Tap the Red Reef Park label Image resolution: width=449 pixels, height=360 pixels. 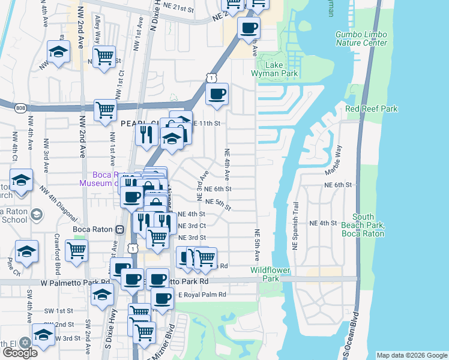(x=372, y=109)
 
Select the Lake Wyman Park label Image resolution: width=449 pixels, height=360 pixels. (x=278, y=69)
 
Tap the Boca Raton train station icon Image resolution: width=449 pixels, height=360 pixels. (x=119, y=229)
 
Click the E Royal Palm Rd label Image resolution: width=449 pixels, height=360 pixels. (x=202, y=295)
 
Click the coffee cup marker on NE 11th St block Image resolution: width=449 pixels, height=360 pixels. (x=217, y=94)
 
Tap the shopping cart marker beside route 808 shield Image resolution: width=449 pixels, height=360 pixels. (x=105, y=111)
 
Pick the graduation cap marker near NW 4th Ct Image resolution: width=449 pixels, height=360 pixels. (x=21, y=179)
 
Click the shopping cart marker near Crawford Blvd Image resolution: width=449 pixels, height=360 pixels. (x=76, y=251)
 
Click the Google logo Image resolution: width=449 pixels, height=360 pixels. (x=20, y=353)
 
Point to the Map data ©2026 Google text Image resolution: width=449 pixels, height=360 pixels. (x=412, y=355)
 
